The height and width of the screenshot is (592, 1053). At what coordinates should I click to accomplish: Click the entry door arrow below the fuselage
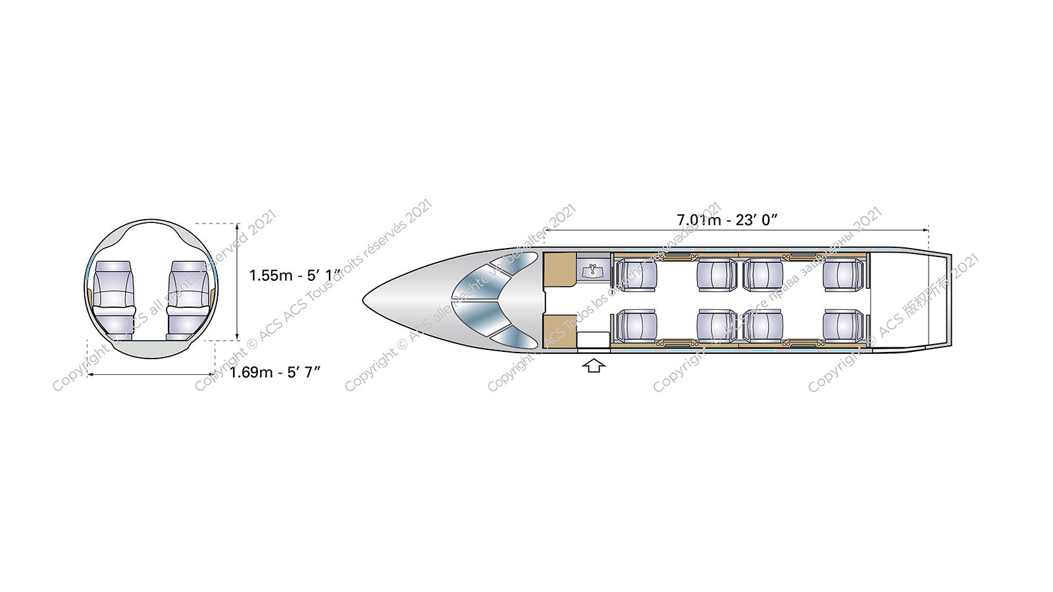tap(594, 365)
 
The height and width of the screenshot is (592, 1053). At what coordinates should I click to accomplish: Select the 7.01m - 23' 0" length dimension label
tap(727, 220)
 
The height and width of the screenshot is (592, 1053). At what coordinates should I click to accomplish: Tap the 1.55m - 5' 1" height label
tap(294, 275)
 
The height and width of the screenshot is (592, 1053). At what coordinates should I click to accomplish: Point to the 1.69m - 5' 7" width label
tap(275, 372)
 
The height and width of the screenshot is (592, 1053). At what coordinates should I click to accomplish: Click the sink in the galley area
tap(594, 270)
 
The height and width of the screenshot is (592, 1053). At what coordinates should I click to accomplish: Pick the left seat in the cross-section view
tap(113, 299)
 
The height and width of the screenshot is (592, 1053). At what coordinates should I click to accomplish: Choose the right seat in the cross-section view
tap(189, 299)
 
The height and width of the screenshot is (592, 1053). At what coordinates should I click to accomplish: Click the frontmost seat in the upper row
tap(636, 275)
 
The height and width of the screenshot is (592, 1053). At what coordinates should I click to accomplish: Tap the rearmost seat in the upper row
tap(842, 275)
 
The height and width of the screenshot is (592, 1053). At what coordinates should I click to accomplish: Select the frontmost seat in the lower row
tap(636, 326)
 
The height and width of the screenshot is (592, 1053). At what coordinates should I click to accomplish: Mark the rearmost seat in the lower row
tap(842, 326)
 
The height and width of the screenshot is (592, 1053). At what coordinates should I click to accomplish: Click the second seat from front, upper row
tap(717, 275)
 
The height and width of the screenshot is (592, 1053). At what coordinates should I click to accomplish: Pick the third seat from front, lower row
tap(763, 326)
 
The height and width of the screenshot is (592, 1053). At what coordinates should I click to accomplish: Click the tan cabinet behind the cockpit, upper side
tap(559, 270)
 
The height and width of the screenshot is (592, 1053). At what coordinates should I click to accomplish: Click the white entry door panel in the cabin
tap(593, 339)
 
